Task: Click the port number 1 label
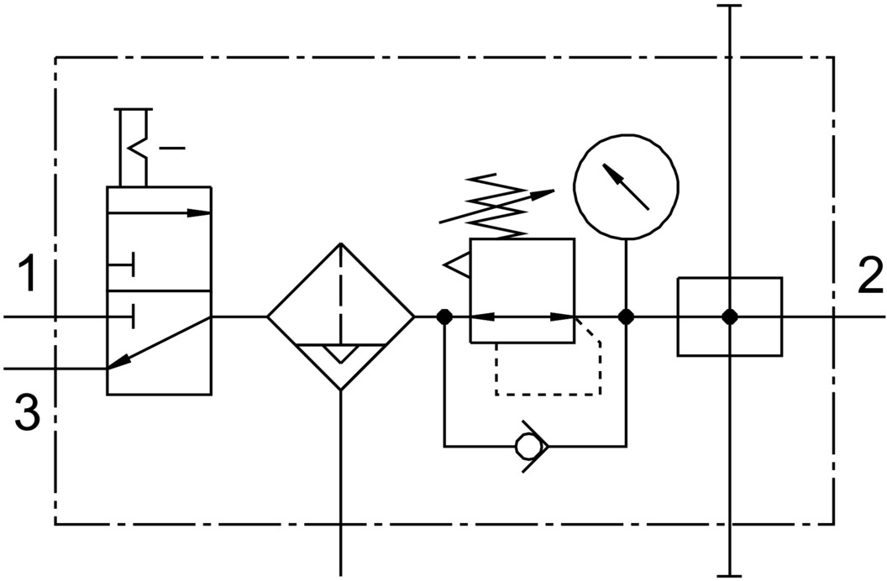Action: tap(27, 273)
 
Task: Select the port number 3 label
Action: tap(27, 412)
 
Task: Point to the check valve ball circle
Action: tap(527, 446)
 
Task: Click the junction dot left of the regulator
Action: tap(444, 317)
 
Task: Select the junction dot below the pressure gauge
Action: tap(626, 317)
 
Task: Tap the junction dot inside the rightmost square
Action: tap(730, 317)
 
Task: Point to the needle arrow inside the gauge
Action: tap(626, 186)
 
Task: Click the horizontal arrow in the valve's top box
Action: tap(159, 213)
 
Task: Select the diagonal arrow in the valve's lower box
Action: tap(159, 343)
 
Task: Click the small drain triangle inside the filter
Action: tap(340, 353)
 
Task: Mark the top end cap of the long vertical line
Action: tap(729, 6)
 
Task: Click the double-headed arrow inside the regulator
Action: tap(522, 317)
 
